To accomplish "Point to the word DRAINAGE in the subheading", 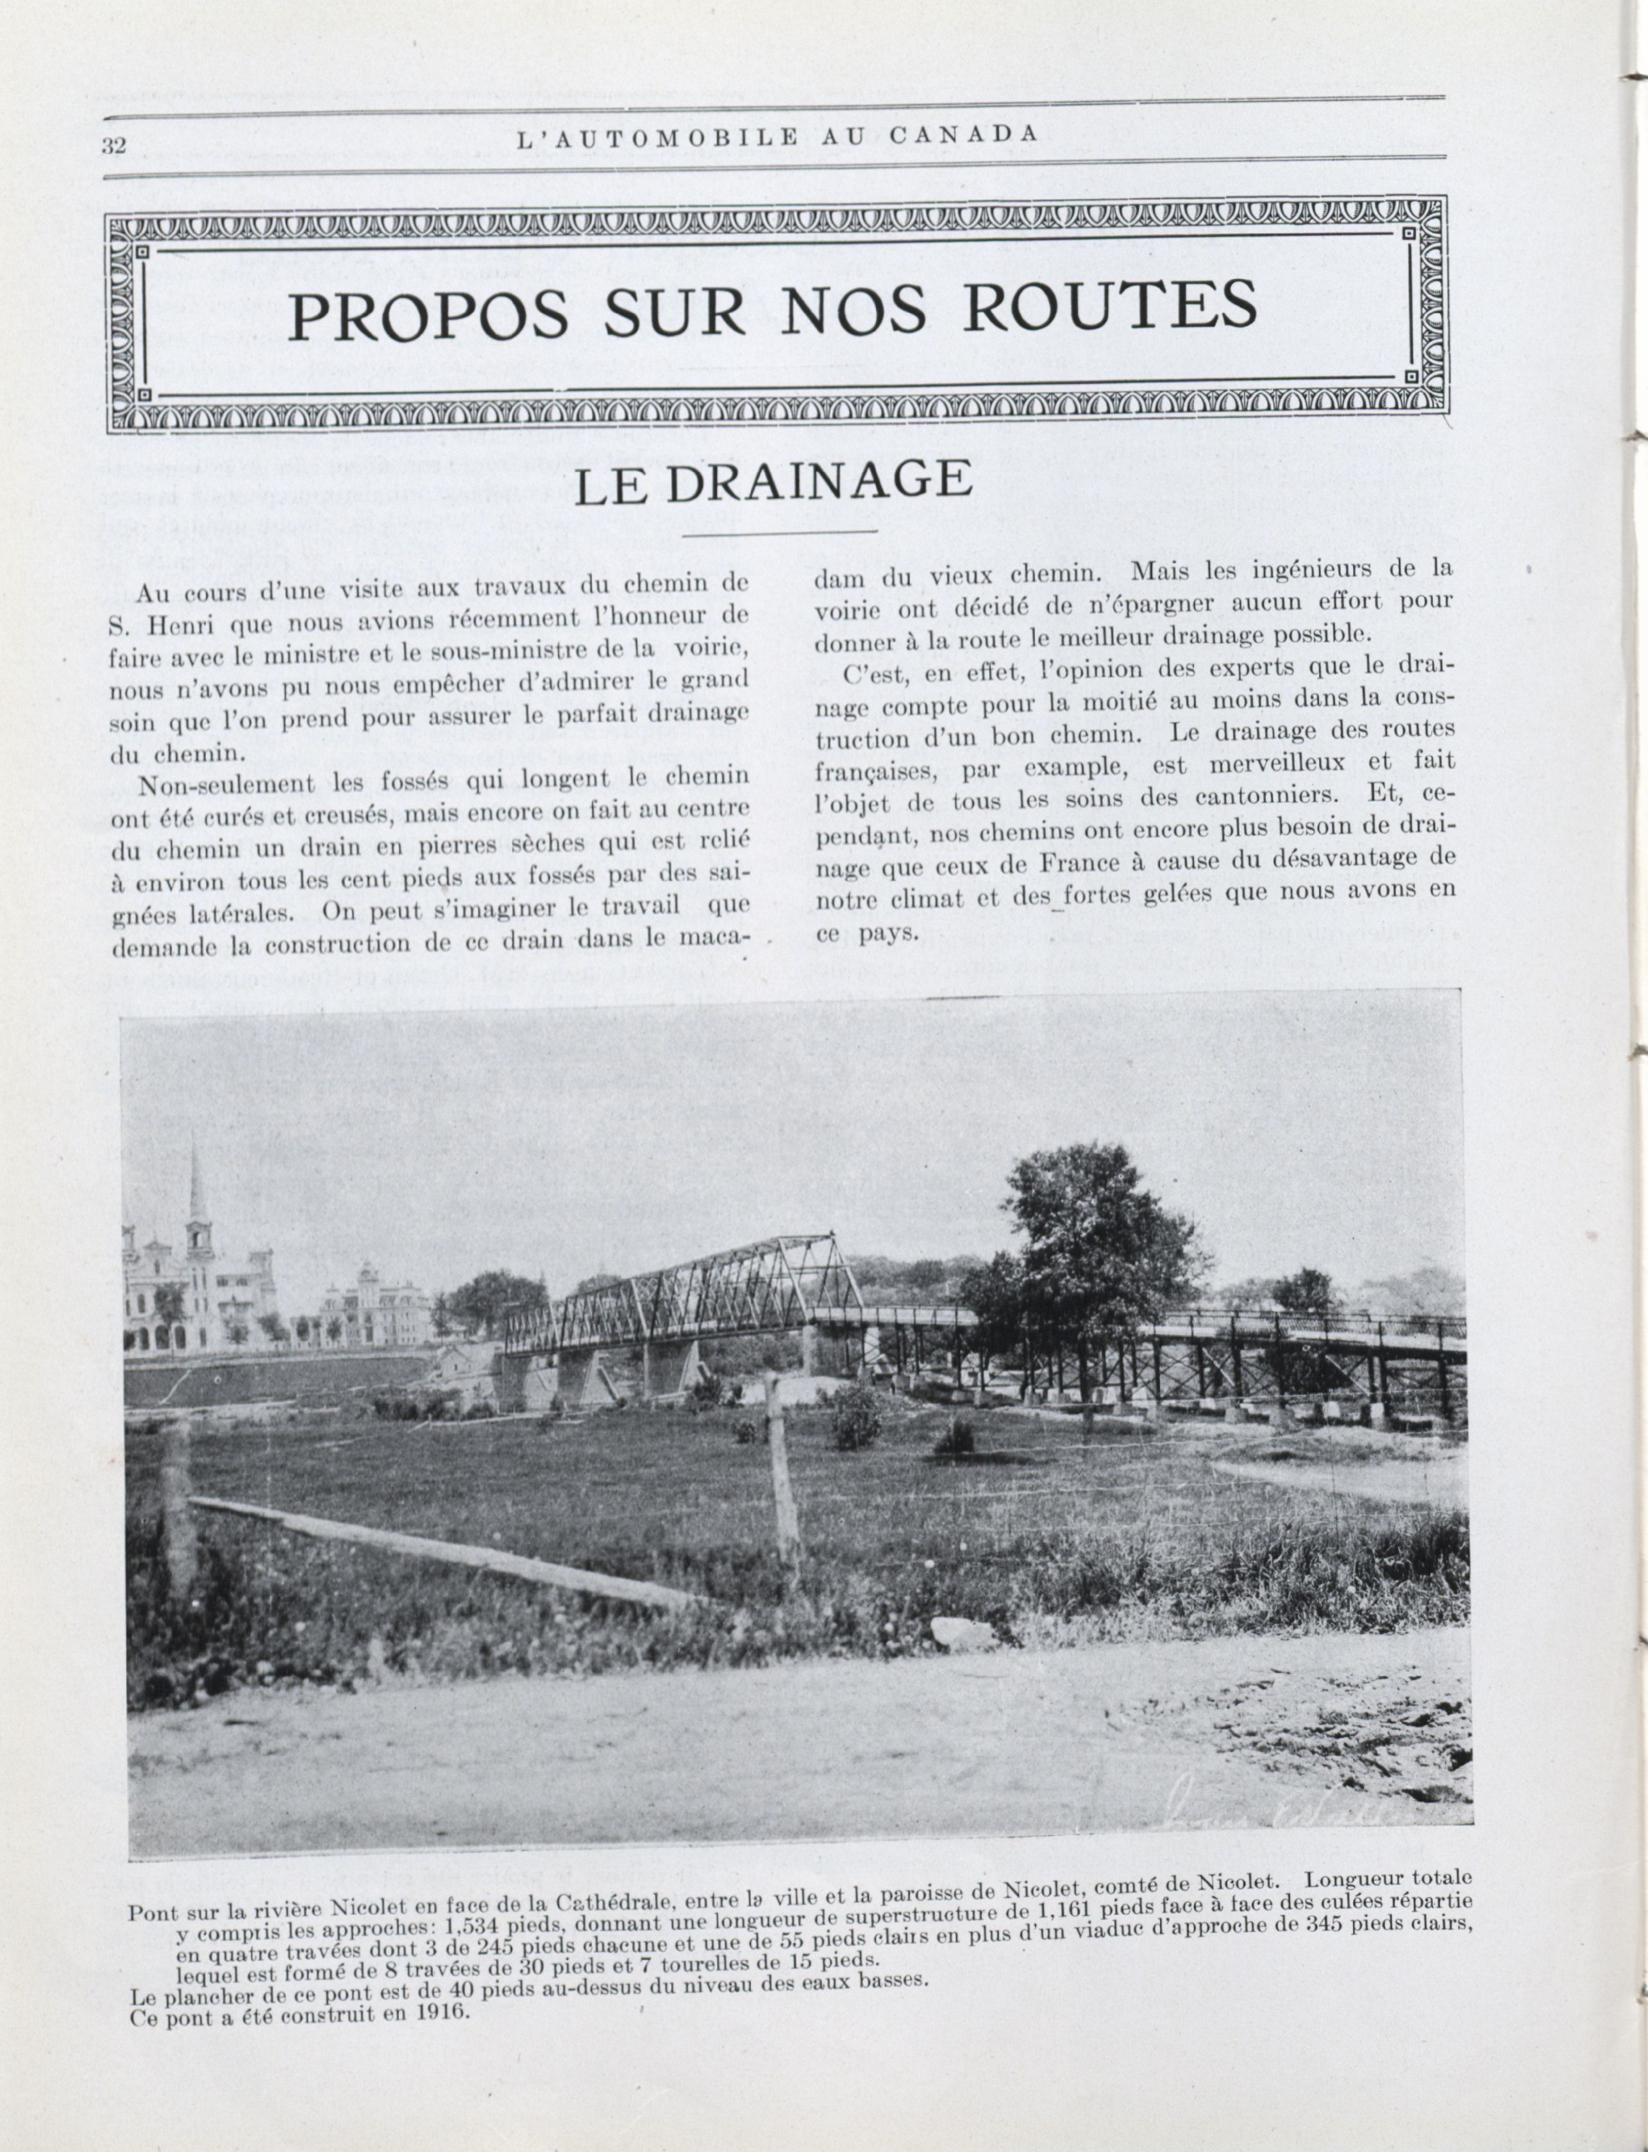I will click(819, 482).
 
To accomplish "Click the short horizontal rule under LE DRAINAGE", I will click(779, 533).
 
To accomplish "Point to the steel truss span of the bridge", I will click(687, 1290).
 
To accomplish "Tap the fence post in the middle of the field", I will click(783, 1476).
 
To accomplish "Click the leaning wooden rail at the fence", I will click(432, 1547).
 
